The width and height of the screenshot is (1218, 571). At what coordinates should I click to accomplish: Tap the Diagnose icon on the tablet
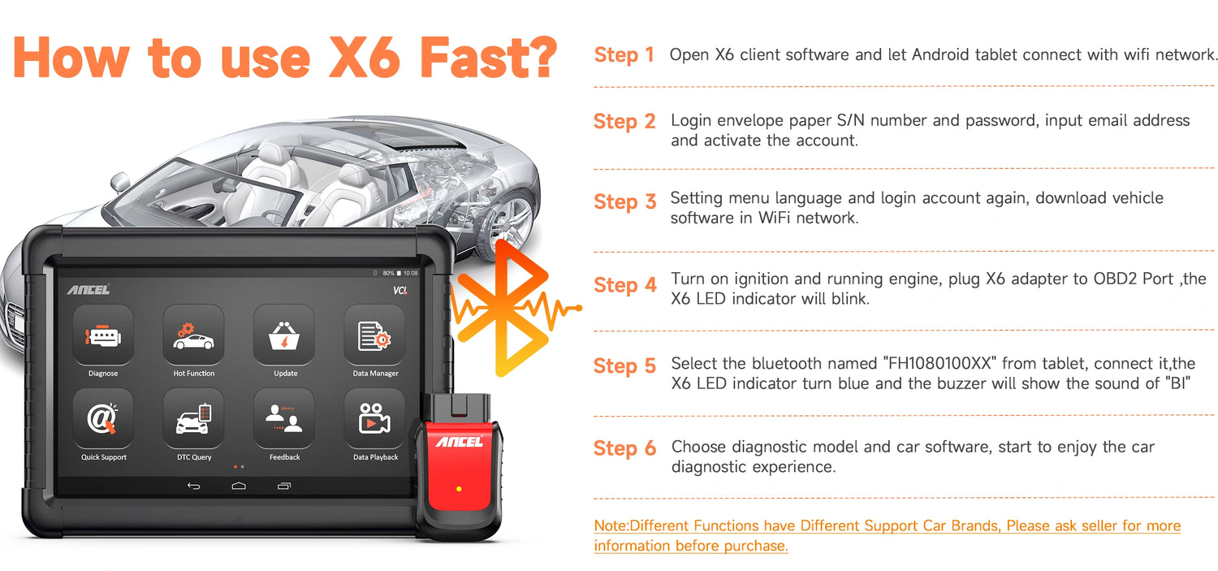(103, 336)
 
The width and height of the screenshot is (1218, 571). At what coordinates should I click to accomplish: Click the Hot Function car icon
(193, 336)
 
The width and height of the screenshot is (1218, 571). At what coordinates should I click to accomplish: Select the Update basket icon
(284, 336)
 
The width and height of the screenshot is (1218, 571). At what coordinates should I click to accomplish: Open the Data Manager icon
(374, 336)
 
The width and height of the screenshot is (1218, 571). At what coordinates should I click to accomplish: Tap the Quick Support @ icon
(103, 419)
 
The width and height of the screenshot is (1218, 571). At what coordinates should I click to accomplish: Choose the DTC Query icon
(193, 419)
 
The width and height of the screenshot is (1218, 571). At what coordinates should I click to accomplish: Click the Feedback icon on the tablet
(284, 419)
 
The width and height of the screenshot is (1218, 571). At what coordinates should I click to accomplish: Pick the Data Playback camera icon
(374, 419)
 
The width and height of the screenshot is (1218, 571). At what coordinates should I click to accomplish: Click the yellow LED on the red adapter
(459, 489)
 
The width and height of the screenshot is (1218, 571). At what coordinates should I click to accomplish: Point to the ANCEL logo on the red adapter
(460, 442)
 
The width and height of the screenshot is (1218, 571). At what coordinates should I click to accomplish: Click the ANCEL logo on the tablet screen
(89, 289)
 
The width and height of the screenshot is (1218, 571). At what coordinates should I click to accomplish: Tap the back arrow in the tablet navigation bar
(193, 487)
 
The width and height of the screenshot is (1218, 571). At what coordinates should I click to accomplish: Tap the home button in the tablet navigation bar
(239, 487)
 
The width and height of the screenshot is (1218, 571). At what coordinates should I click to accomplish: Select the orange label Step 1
(624, 55)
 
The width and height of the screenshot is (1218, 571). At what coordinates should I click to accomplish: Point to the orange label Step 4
(625, 286)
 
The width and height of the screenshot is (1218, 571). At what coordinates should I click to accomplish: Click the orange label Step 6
(625, 448)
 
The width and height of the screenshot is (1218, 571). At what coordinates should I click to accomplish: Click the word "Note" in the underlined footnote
(611, 526)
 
